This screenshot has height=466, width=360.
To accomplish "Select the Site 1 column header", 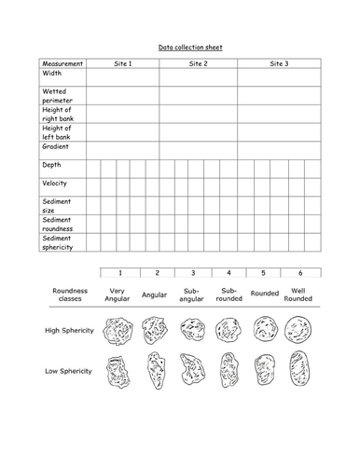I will pos(122,63).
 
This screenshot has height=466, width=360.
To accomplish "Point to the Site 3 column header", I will pos(279,63).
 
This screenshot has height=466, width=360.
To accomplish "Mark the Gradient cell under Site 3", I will pos(279,149).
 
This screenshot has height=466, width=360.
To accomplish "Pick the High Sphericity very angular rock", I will pos(120,329).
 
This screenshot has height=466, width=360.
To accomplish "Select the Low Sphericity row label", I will pos(69,370).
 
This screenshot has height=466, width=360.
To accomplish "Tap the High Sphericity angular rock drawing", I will pos(155,329).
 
